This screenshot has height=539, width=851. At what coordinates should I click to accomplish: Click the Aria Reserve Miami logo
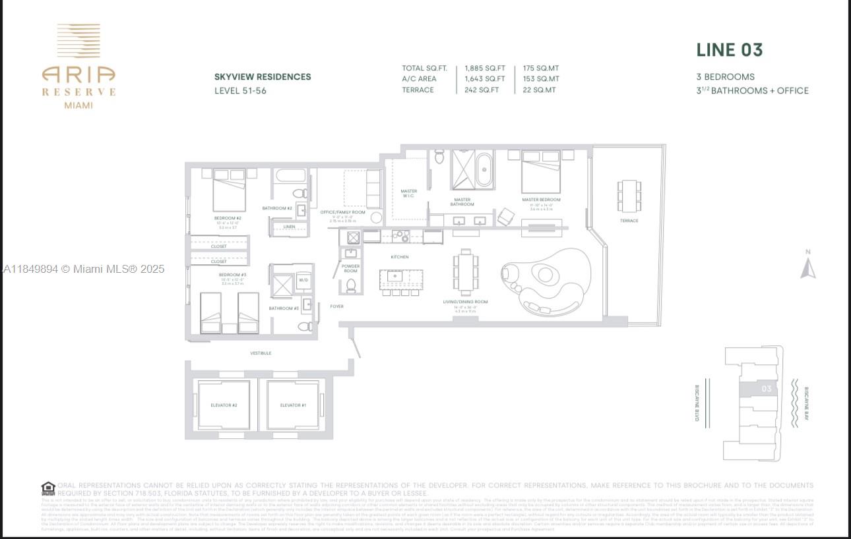click(x=79, y=66)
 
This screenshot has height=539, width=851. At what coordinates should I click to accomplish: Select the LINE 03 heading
click(x=730, y=50)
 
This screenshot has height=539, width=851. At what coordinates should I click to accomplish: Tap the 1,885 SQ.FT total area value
click(x=484, y=68)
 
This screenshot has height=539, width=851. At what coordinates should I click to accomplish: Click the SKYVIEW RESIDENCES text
click(x=263, y=76)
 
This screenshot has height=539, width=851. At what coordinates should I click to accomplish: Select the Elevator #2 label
click(x=224, y=405)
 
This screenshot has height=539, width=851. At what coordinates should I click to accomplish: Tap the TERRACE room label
click(x=629, y=221)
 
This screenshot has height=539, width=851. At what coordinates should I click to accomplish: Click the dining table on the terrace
click(x=629, y=196)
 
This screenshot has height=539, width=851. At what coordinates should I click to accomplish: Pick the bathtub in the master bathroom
click(x=484, y=171)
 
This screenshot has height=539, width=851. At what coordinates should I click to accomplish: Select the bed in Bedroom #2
click(x=229, y=190)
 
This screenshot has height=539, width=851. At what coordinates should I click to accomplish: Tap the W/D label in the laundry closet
click(x=303, y=279)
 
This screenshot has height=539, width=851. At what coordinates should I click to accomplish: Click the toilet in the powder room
click(x=351, y=285)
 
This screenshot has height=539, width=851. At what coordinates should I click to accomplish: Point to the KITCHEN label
click(x=399, y=257)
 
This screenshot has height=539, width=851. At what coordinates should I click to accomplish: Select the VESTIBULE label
click(x=261, y=353)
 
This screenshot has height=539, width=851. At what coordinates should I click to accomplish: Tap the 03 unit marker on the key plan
click(x=766, y=389)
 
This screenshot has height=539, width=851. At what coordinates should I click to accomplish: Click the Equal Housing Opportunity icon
click(x=48, y=489)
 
